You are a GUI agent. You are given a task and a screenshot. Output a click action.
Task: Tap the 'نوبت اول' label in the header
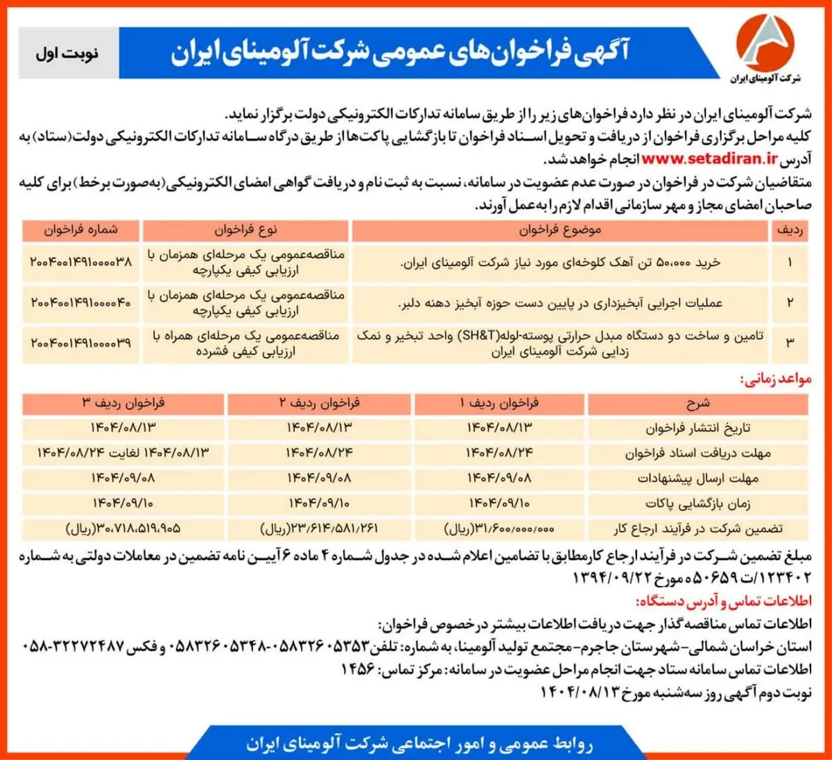tap(67, 53)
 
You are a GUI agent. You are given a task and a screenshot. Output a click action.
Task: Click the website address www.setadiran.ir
tap(709, 159)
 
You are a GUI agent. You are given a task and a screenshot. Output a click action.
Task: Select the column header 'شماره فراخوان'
tap(80, 230)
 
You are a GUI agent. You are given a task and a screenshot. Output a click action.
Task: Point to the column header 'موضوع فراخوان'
tap(560, 230)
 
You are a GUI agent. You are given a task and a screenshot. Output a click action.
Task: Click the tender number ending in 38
tap(80, 263)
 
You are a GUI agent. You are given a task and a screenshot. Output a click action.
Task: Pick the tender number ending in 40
tap(80, 303)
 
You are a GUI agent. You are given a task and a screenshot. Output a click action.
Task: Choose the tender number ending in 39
tap(80, 343)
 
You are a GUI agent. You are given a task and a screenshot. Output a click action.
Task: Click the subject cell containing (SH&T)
tap(560, 344)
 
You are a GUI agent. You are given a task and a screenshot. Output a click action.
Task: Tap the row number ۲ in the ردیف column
tap(789, 303)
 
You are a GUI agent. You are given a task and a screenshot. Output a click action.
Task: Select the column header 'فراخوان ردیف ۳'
tap(123, 403)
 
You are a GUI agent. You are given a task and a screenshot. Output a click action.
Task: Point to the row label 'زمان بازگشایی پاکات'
tap(697, 503)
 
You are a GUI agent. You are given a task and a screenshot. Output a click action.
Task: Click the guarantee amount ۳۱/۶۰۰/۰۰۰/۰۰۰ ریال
tap(499, 529)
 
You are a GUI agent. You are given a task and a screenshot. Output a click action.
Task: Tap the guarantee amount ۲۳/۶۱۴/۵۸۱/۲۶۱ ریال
tap(319, 529)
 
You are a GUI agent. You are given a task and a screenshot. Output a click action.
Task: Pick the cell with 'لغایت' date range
tap(123, 453)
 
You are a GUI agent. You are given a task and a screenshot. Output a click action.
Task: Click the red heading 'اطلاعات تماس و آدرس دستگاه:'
tap(723, 601)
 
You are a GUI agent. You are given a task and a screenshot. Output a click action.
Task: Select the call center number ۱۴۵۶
tap(358, 669)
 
